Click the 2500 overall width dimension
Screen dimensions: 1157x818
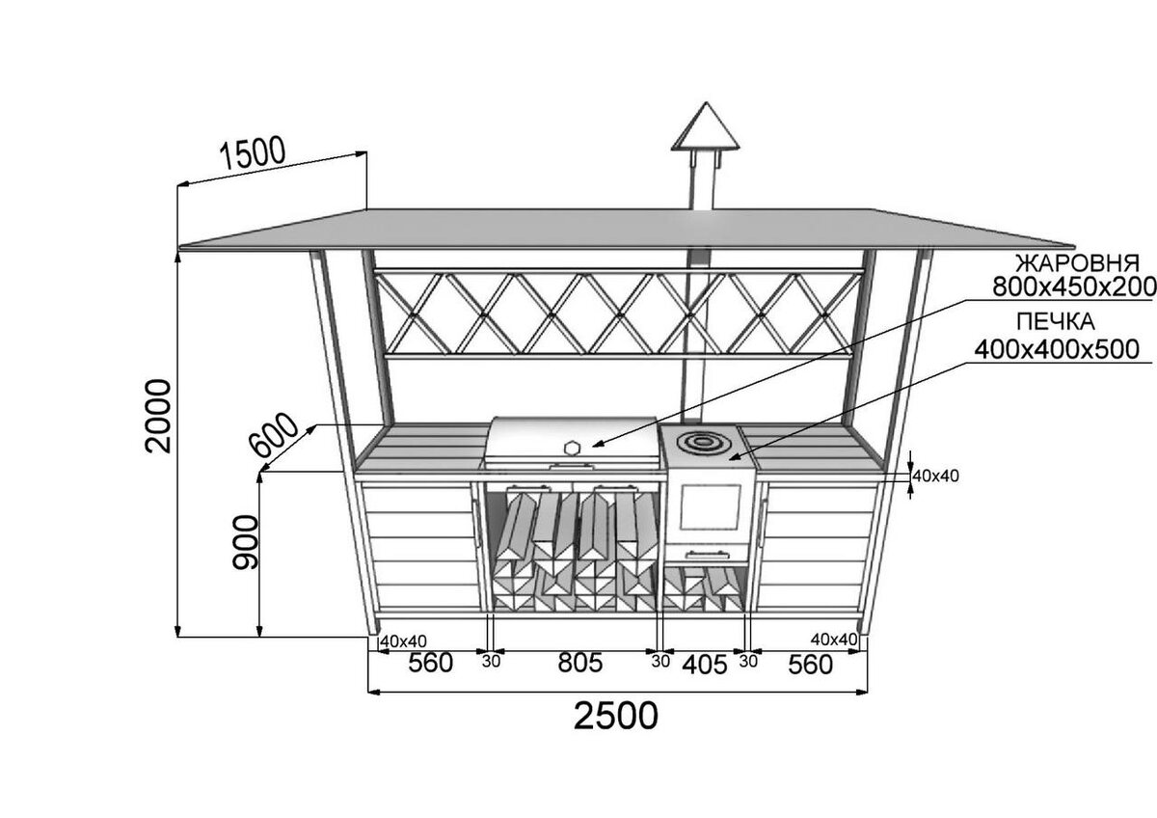(616, 717)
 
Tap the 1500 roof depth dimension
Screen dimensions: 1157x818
(253, 153)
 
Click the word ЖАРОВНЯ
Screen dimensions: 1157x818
(1077, 263)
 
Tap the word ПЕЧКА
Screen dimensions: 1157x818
(1054, 321)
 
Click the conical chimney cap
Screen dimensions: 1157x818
(706, 128)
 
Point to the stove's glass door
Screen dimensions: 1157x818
(710, 507)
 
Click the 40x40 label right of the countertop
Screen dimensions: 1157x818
(936, 475)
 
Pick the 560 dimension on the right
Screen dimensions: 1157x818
(809, 664)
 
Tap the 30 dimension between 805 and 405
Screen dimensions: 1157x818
(660, 662)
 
